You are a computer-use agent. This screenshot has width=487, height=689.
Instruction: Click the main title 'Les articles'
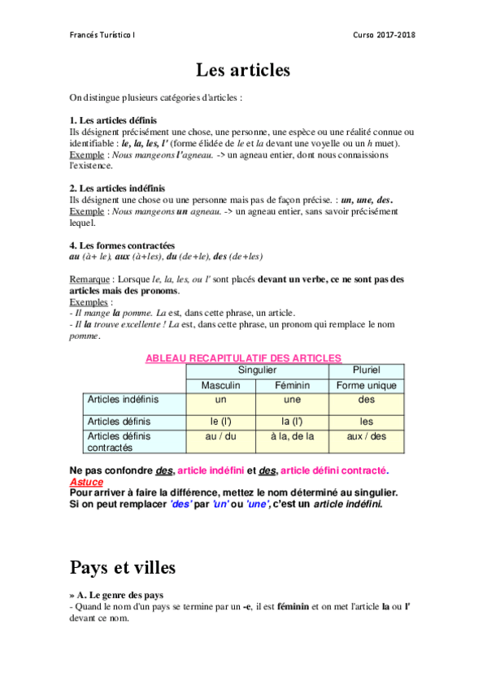point(243,71)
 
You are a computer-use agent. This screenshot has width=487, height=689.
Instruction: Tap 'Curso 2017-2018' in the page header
point(384,35)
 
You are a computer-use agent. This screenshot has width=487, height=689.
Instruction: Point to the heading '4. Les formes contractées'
point(122,245)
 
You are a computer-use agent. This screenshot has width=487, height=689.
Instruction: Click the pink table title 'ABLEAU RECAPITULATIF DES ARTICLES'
point(243,357)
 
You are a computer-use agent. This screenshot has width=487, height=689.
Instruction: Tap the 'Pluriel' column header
point(366,370)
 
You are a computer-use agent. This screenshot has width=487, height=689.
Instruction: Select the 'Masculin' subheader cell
point(221,385)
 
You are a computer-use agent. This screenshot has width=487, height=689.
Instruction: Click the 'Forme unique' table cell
point(366,385)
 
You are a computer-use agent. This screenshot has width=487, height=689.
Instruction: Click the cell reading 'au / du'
point(221,436)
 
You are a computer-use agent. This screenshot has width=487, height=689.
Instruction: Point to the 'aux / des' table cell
point(366,436)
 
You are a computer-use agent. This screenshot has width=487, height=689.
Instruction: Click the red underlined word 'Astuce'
point(86,482)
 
